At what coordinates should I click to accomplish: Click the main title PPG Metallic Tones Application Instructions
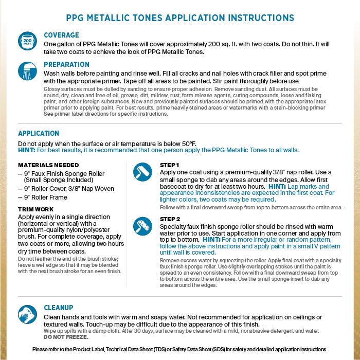(180, 17)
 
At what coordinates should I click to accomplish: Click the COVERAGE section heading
(61, 35)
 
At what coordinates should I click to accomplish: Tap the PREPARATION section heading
(66, 64)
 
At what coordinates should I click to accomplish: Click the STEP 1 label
(170, 165)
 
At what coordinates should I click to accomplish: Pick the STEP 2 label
(170, 219)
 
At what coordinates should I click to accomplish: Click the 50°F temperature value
(188, 142)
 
